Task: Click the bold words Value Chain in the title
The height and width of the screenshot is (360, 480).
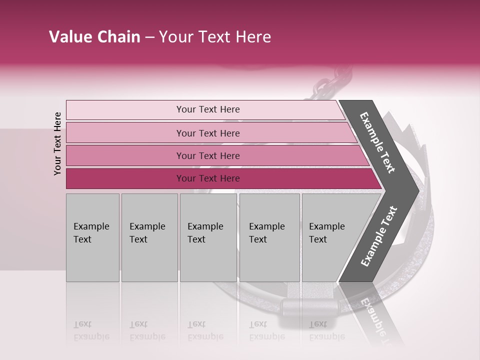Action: (x=94, y=37)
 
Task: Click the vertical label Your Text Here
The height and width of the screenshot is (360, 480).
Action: (x=57, y=143)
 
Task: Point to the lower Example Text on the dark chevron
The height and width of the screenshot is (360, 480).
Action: (x=379, y=236)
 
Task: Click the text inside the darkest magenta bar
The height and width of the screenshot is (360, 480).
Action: (x=208, y=178)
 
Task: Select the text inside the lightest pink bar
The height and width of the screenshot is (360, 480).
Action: (x=208, y=109)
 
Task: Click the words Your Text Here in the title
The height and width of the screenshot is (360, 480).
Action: (x=215, y=37)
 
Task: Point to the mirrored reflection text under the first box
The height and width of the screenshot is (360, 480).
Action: (x=91, y=331)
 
